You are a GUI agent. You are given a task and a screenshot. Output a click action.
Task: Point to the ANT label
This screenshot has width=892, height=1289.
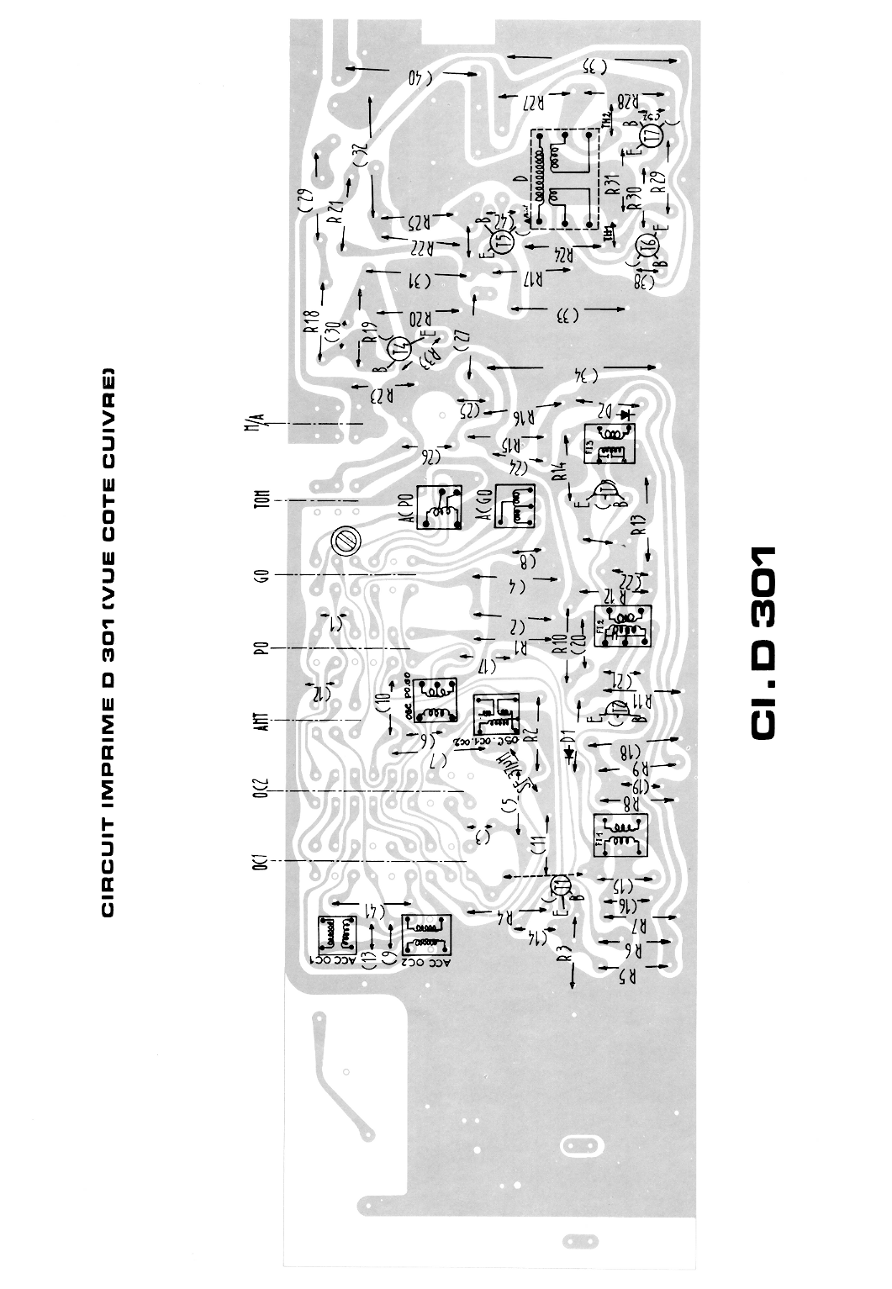pyautogui.click(x=261, y=720)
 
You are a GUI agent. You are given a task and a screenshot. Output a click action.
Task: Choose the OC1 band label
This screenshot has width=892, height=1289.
pyautogui.click(x=261, y=862)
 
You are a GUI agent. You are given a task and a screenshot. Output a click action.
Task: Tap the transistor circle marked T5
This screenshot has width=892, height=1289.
pyautogui.click(x=502, y=242)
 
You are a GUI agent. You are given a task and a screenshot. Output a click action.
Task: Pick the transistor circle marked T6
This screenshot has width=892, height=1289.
pyautogui.click(x=647, y=245)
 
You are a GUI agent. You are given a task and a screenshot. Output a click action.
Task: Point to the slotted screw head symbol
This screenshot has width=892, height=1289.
pyautogui.click(x=343, y=541)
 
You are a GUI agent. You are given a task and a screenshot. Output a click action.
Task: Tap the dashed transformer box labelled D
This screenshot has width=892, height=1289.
pyautogui.click(x=564, y=180)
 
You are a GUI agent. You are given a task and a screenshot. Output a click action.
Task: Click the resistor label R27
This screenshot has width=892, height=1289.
pyautogui.click(x=536, y=103)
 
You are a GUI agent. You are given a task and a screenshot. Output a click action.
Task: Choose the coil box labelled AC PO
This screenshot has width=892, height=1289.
pyautogui.click(x=439, y=509)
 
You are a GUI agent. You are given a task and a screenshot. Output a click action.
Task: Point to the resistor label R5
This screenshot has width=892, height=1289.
pyautogui.click(x=628, y=977)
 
